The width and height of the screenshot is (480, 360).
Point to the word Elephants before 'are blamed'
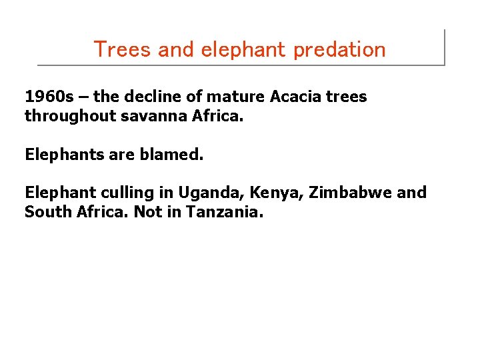(61, 155)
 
